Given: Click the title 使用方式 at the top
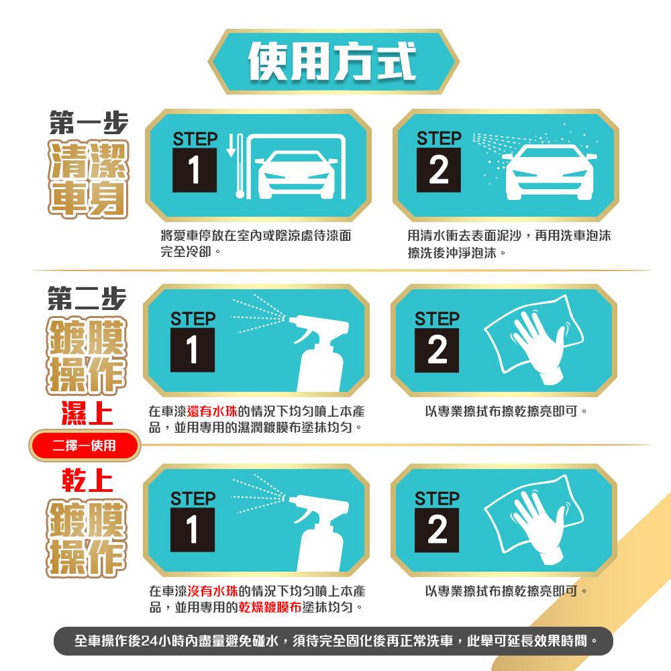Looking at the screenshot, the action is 332,61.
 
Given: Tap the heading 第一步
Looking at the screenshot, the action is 89,122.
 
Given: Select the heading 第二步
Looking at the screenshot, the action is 87,298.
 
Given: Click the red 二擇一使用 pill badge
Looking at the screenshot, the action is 85,446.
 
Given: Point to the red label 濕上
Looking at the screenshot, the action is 87,413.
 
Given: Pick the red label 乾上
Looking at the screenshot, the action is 87,480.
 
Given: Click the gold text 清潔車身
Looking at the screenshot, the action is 88,179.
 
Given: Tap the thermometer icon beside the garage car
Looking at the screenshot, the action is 240,166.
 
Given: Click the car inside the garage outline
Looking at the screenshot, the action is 296,175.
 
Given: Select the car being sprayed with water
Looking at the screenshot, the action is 550,172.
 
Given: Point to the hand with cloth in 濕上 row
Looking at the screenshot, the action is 534,340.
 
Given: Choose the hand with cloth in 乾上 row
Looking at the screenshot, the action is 534,519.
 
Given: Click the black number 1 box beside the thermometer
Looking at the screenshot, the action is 195,170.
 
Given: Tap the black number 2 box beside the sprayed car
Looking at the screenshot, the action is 439,170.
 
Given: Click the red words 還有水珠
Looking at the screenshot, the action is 212,411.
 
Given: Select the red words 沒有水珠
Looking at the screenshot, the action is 213,591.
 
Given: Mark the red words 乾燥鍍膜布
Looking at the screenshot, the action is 270,607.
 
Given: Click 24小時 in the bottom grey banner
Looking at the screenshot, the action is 162,641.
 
